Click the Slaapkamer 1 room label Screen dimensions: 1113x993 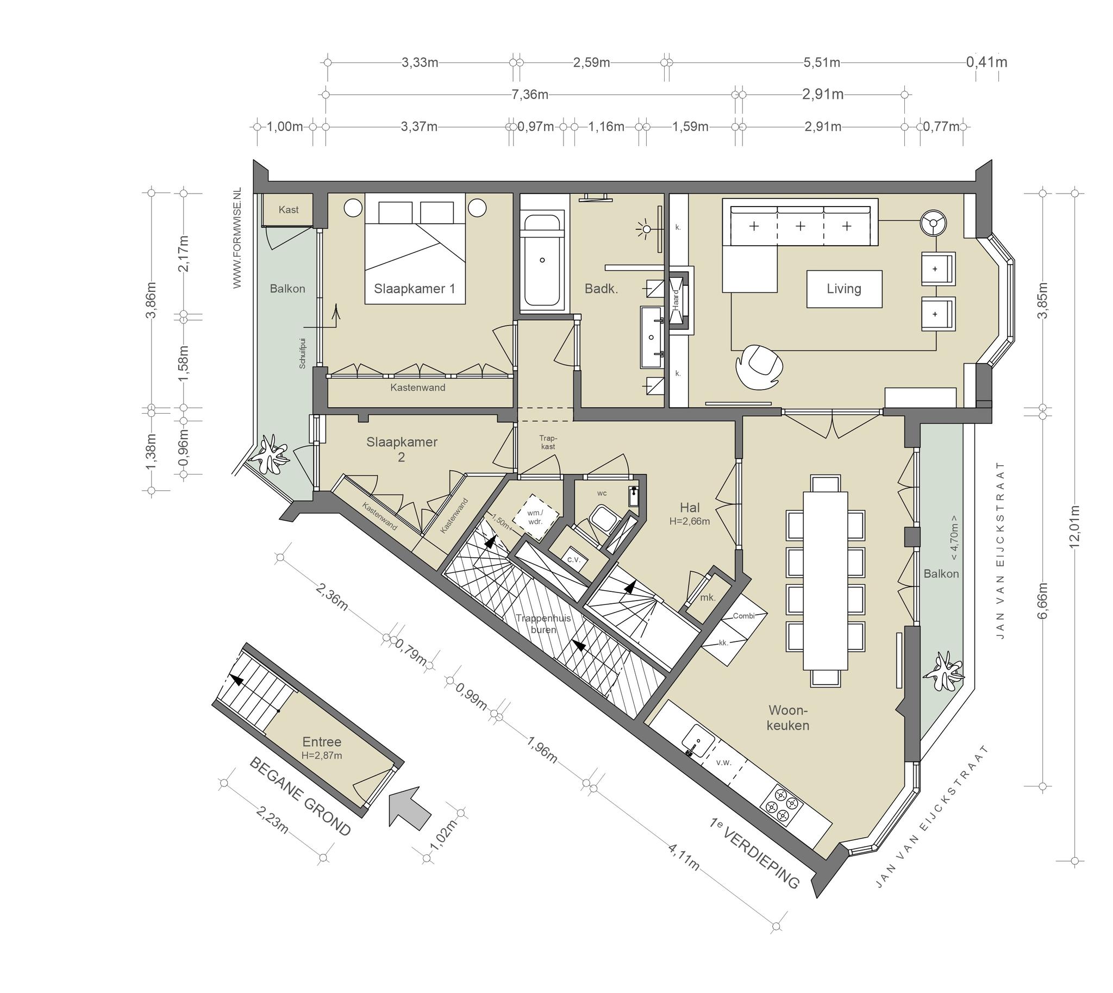pyautogui.click(x=414, y=289)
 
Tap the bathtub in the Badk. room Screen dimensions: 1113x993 pyautogui.click(x=542, y=260)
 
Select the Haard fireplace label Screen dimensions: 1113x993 pyautogui.click(x=676, y=299)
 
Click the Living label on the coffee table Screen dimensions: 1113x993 pyautogui.click(x=843, y=289)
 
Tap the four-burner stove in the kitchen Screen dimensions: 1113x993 pyautogui.click(x=784, y=805)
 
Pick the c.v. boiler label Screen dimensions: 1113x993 pyautogui.click(x=573, y=559)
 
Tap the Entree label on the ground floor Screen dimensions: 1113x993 pyautogui.click(x=322, y=741)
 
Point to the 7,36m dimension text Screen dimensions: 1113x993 pyautogui.click(x=530, y=95)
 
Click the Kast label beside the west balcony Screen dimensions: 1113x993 pyautogui.click(x=288, y=209)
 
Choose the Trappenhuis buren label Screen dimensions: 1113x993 pyautogui.click(x=543, y=623)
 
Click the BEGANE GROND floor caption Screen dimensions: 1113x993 pyautogui.click(x=299, y=797)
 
